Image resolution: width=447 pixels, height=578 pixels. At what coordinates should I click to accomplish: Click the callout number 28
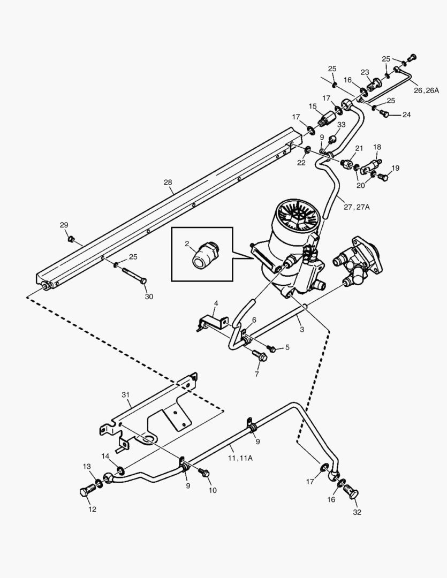pos(168,182)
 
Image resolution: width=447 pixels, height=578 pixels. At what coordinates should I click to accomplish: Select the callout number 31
pos(126,394)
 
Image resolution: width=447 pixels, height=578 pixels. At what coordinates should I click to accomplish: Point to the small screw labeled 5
pos(271,349)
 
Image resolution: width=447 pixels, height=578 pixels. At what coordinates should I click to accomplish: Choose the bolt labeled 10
pos(204,473)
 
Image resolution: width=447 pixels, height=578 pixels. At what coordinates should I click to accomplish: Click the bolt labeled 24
pos(383,113)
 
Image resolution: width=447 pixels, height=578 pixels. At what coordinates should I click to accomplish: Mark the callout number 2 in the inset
pos(187,244)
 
